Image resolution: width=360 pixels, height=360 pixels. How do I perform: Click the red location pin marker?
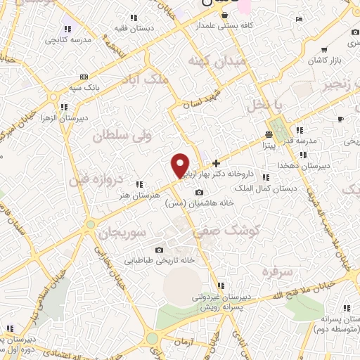(180, 165)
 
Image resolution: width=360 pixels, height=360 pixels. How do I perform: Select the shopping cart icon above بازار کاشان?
(323, 50)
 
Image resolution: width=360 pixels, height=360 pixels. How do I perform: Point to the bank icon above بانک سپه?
(84, 76)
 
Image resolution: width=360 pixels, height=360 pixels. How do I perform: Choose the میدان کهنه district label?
(218, 63)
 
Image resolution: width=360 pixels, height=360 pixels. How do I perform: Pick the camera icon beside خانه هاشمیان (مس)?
(199, 193)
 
